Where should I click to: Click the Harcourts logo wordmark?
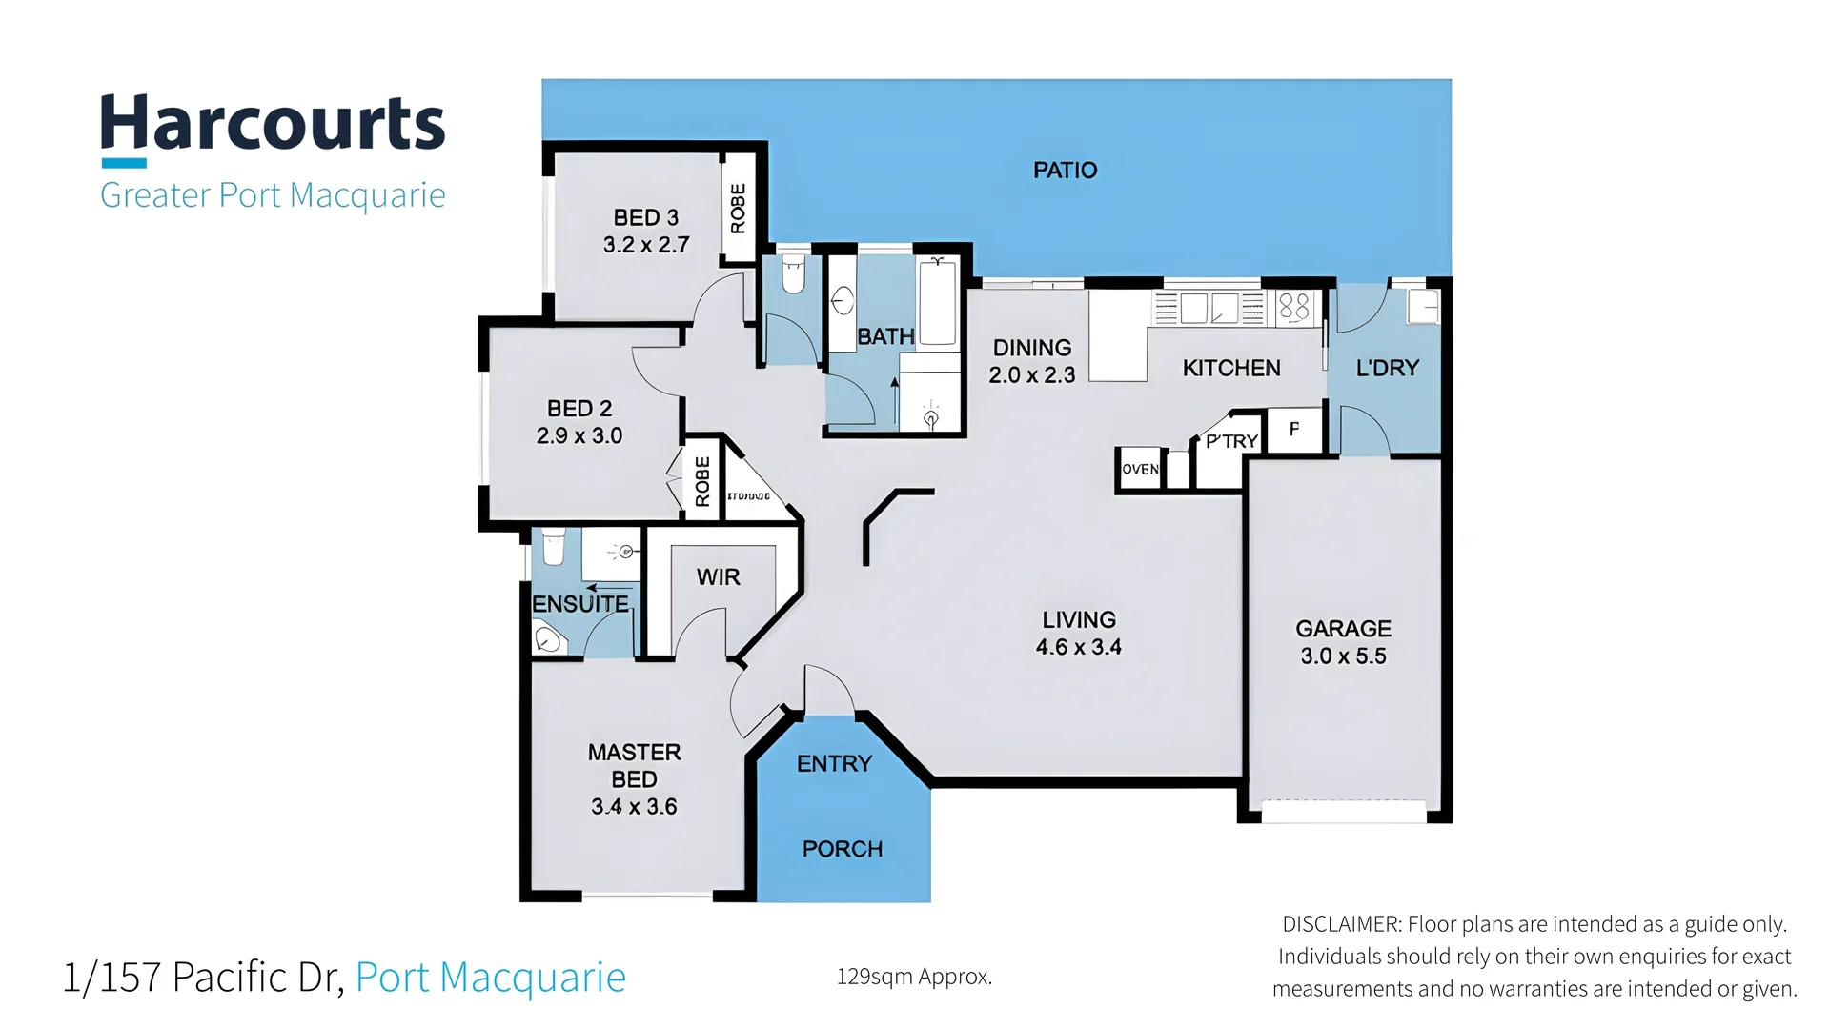point(273,124)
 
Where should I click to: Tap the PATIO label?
point(1065,171)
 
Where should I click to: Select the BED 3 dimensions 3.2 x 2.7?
point(646,245)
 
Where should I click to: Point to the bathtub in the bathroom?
point(938,303)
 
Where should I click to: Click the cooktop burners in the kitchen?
point(1293,307)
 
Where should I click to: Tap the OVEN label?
point(1140,469)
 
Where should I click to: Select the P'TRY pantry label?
point(1231,441)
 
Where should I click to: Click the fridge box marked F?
point(1294,429)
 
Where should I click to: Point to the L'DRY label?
point(1387,368)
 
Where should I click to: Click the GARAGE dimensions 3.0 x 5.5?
point(1343,656)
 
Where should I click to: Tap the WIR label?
point(718,577)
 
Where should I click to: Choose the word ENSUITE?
point(579,604)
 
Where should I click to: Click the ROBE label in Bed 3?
point(738,209)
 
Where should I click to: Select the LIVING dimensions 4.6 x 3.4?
point(1078,647)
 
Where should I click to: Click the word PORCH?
point(843,849)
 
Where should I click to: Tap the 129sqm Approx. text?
point(914,977)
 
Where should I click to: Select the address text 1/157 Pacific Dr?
point(203,978)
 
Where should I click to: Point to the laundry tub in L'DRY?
point(1423,307)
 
